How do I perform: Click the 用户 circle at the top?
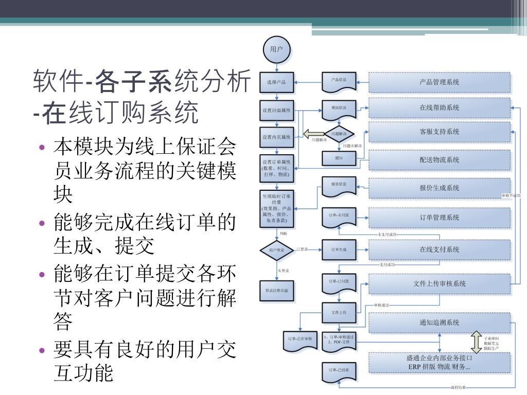click(x=277, y=49)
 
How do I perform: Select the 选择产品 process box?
click(x=277, y=82)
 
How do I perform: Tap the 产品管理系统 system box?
click(x=440, y=82)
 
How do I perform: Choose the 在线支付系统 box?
click(x=440, y=249)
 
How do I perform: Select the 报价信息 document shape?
click(x=339, y=185)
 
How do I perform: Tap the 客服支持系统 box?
click(x=440, y=132)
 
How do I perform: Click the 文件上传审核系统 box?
click(x=440, y=283)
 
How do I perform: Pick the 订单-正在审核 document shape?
click(x=298, y=340)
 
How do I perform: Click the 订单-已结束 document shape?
click(x=339, y=371)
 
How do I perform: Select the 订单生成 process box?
click(x=339, y=250)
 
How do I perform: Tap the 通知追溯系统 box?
click(x=440, y=323)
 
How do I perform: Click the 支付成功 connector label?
click(x=388, y=265)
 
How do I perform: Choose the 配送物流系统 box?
click(x=440, y=160)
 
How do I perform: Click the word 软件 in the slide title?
click(x=58, y=82)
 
